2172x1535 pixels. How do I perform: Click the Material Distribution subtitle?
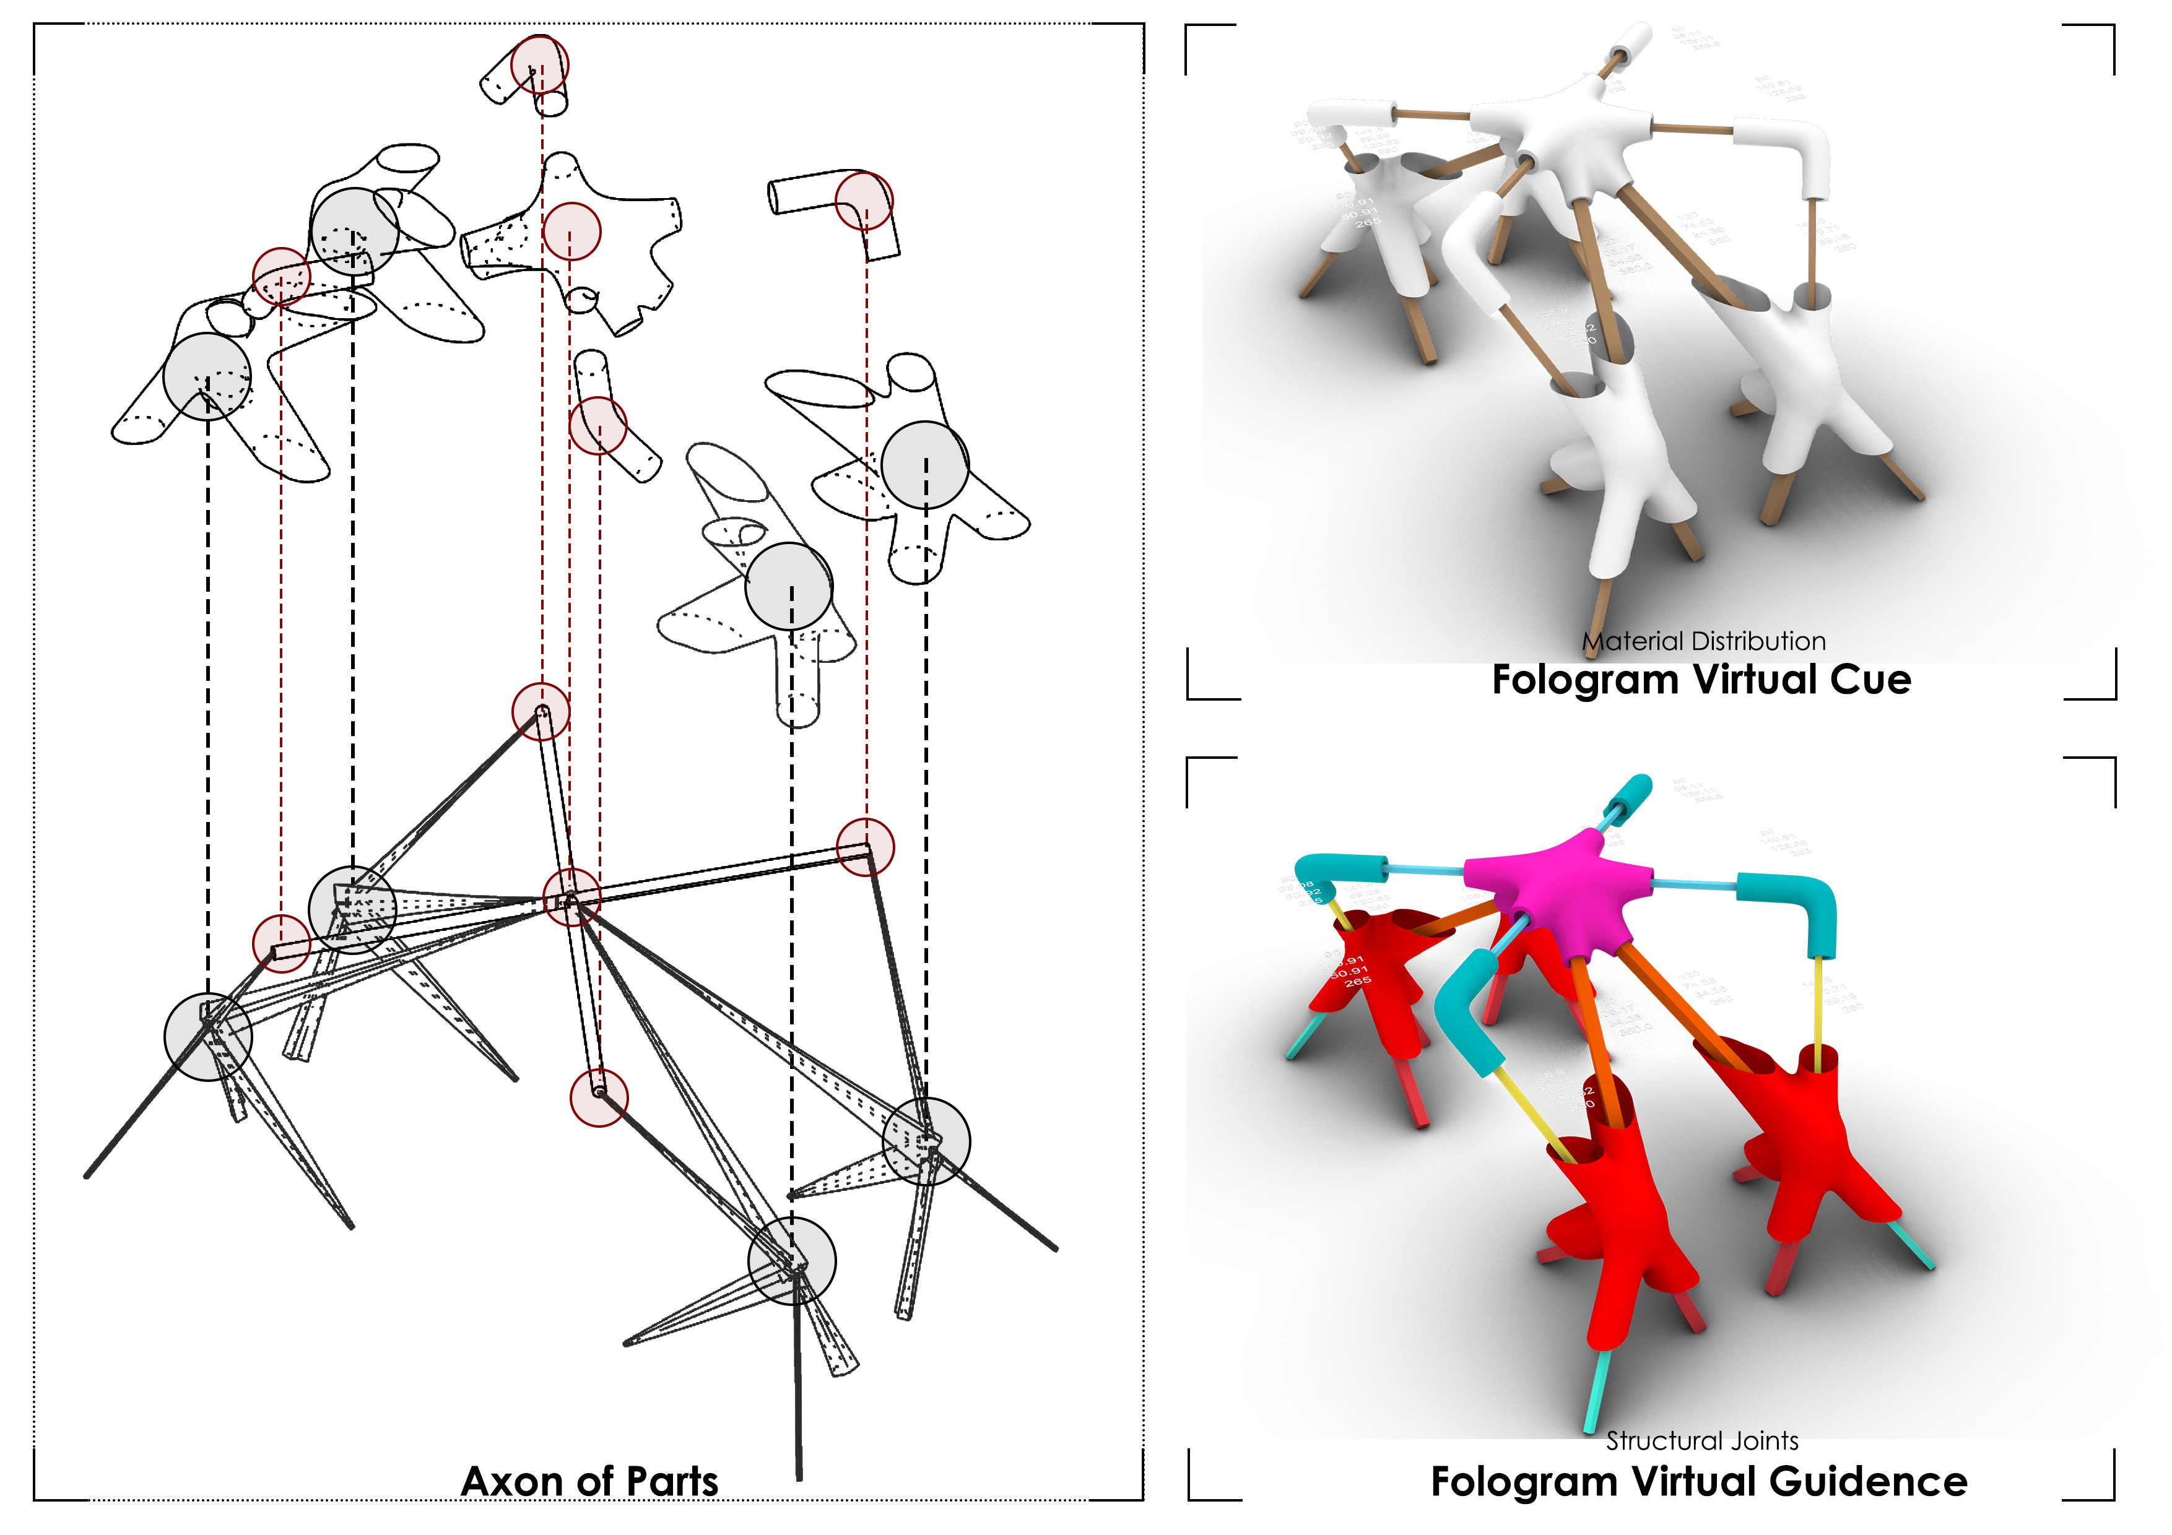[x=1703, y=641]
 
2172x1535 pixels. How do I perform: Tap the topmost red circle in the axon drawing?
[x=539, y=65]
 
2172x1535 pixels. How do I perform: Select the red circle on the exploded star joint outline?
[x=571, y=231]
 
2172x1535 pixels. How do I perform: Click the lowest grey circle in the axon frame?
[x=792, y=1261]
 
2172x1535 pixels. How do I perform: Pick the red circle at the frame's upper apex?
[x=541, y=711]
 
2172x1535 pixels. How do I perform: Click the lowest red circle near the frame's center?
[x=599, y=1098]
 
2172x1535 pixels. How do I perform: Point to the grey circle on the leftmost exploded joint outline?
[x=207, y=376]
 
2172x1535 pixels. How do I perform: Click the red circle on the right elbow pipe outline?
[x=864, y=201]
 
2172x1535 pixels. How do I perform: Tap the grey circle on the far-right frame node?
[x=926, y=1141]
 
